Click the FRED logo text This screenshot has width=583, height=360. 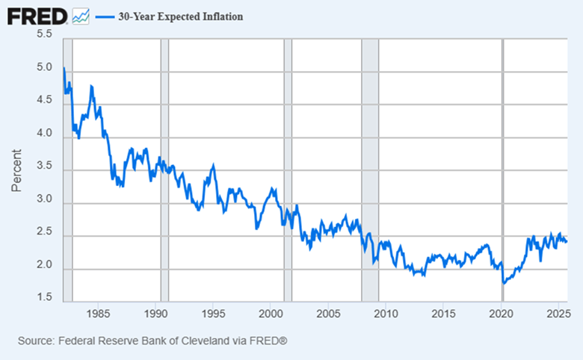[36, 15]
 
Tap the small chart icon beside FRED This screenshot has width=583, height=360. [81, 16]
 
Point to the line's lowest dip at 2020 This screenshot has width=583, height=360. [504, 284]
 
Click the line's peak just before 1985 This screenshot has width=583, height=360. [91, 87]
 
